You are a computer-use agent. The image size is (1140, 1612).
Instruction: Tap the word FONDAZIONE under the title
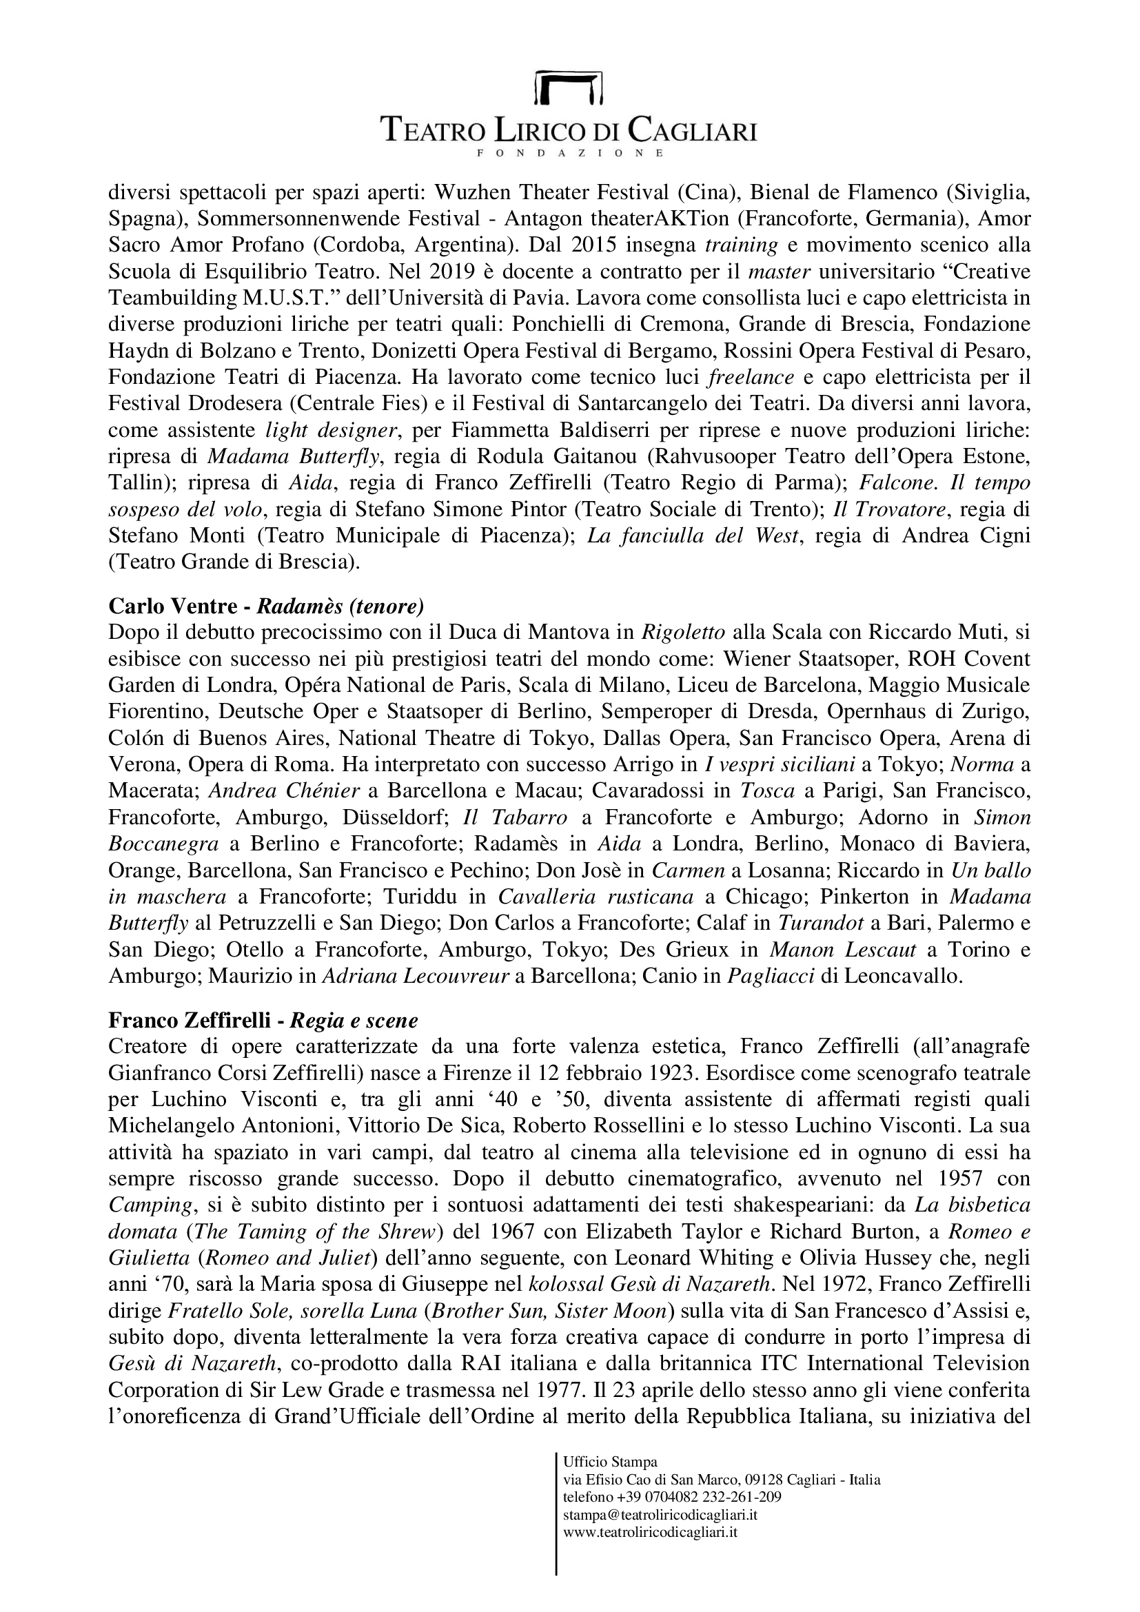[x=569, y=152]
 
